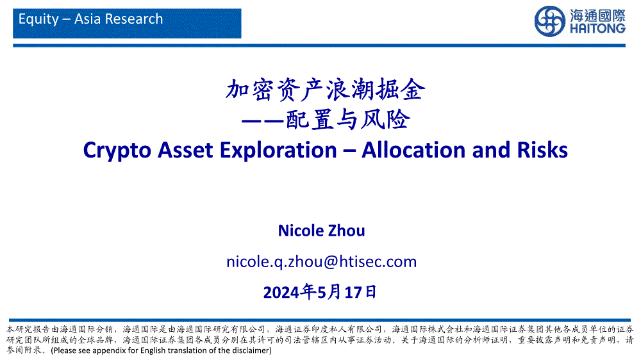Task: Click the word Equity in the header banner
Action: click(x=39, y=19)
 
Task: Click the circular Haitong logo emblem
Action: click(x=550, y=21)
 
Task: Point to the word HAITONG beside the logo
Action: click(x=597, y=28)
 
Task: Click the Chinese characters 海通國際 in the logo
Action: click(x=597, y=15)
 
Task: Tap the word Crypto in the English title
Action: click(x=117, y=151)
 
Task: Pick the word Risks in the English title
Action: click(x=542, y=149)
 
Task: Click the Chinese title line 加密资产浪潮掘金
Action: click(x=326, y=90)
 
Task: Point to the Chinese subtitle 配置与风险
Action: click(x=348, y=120)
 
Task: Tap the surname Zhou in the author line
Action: click(x=347, y=231)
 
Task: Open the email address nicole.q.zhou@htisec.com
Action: click(x=321, y=261)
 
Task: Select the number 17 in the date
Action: click(x=354, y=293)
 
